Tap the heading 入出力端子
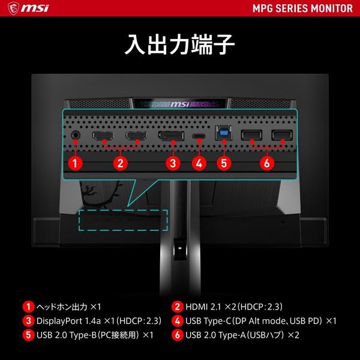(179, 45)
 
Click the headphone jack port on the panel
(76, 135)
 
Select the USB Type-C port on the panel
(200, 136)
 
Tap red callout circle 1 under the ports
(75, 162)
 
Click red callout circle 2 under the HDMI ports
(120, 162)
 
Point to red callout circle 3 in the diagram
(172, 162)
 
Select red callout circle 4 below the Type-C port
(200, 162)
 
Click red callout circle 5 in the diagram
(224, 162)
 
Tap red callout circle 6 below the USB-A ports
(267, 162)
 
